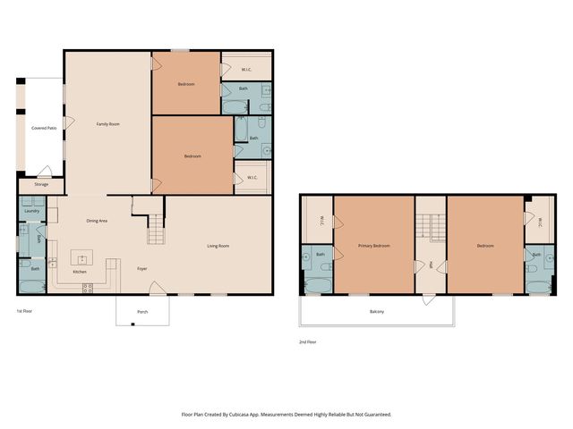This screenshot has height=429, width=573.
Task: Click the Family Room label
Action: (x=108, y=124)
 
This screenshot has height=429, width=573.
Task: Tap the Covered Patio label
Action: (x=44, y=129)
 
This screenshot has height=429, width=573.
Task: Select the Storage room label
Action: (x=41, y=185)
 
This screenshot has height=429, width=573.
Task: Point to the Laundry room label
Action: (x=32, y=211)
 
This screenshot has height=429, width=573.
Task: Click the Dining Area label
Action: (x=97, y=221)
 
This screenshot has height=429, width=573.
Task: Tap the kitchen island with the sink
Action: (x=81, y=258)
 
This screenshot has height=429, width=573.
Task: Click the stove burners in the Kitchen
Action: (x=88, y=287)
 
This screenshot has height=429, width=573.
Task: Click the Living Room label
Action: (x=218, y=246)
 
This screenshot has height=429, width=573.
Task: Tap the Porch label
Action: (x=142, y=312)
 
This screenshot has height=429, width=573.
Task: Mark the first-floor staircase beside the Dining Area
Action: (x=157, y=231)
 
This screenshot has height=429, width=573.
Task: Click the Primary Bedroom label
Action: (x=374, y=246)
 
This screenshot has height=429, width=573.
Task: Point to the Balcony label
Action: (x=377, y=311)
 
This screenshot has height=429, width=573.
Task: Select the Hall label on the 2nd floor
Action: (x=431, y=264)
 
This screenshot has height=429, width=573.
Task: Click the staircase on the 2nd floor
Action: (x=431, y=228)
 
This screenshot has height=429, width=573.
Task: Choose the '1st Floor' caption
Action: (x=25, y=311)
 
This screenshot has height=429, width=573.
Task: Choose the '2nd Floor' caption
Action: (x=308, y=341)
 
